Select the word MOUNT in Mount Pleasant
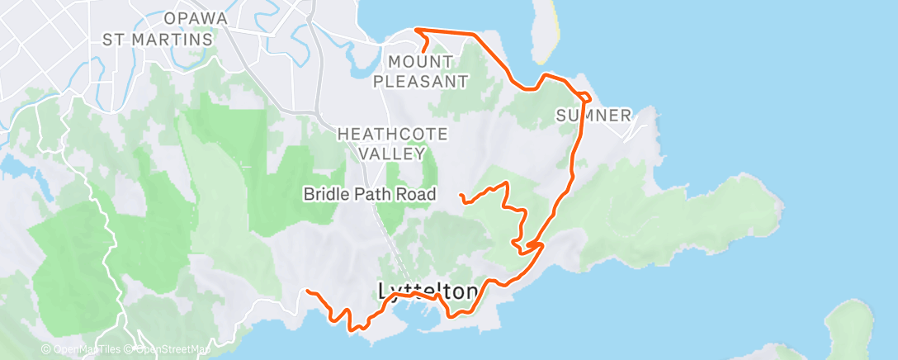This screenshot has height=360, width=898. (420, 62)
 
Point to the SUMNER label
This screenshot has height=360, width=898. (593, 115)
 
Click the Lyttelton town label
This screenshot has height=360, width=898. (428, 291)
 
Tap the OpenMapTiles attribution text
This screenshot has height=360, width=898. (82, 350)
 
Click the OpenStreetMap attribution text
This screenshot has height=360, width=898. (170, 350)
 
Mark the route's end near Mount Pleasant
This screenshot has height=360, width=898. (423, 52)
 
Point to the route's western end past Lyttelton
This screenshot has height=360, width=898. (307, 291)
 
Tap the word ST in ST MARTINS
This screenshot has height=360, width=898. (114, 39)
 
